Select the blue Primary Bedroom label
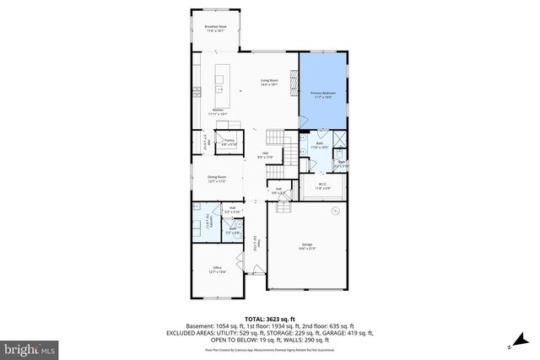pos(323,94)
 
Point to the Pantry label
pos(229,142)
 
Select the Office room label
pos(218,270)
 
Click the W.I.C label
pos(322,187)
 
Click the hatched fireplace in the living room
pos(294,81)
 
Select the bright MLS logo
pos(30,347)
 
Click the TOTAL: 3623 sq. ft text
pos(269,318)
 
